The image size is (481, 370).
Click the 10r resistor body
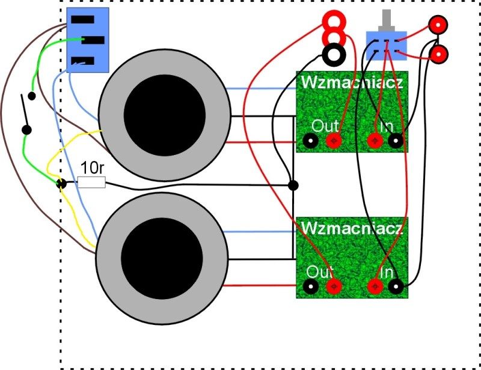pyautogui.click(x=92, y=183)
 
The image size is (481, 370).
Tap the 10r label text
pyautogui.click(x=93, y=168)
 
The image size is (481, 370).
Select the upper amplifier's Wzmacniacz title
pyautogui.click(x=352, y=82)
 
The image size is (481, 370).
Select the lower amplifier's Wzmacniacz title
pyautogui.click(x=352, y=228)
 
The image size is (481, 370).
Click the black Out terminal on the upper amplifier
pyautogui.click(x=310, y=141)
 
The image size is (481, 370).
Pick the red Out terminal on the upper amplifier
pyautogui.click(x=334, y=141)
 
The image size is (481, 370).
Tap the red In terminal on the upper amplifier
pyautogui.click(x=375, y=141)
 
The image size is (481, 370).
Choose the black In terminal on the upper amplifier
pyautogui.click(x=396, y=141)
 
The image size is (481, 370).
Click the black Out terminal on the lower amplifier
pyautogui.click(x=310, y=287)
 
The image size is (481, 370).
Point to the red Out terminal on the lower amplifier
pyautogui.click(x=334, y=287)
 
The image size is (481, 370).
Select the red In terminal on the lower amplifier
pyautogui.click(x=375, y=287)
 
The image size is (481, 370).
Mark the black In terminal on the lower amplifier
pyautogui.click(x=396, y=287)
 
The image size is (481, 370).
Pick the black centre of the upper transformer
pyautogui.click(x=164, y=115)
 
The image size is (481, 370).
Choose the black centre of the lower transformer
pyautogui.click(x=162, y=258)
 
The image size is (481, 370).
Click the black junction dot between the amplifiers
pyautogui.click(x=293, y=186)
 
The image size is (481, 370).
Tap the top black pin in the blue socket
pyautogui.click(x=83, y=20)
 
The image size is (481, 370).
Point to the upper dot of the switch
pyautogui.click(x=32, y=96)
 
